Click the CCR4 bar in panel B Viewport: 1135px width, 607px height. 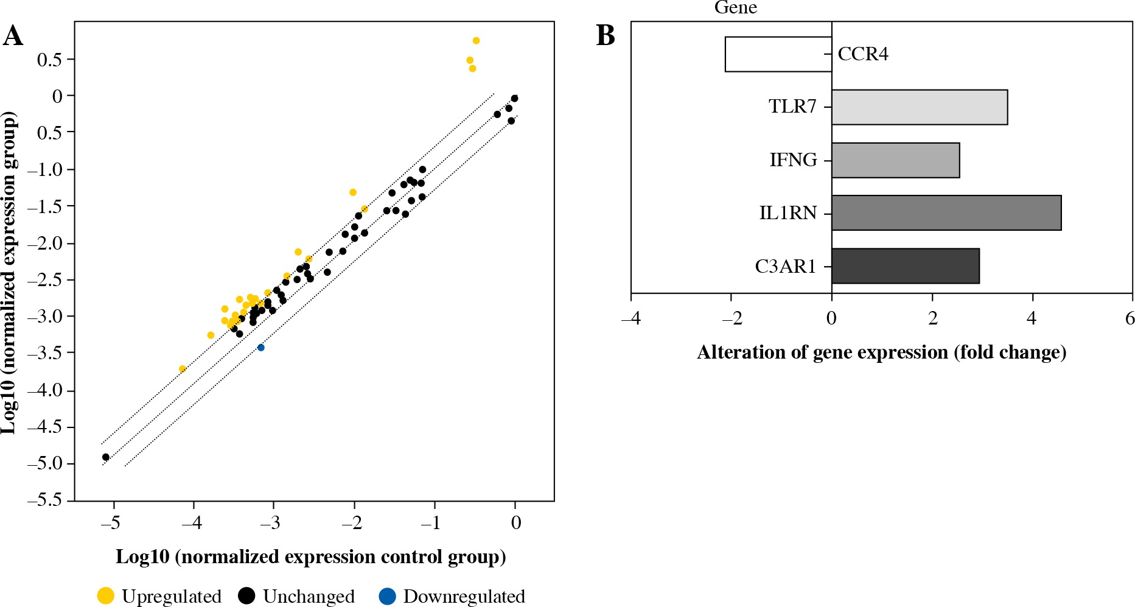click(x=778, y=54)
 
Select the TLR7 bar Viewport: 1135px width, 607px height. click(x=919, y=107)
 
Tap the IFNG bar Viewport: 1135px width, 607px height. click(x=895, y=160)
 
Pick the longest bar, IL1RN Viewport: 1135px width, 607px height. click(x=946, y=213)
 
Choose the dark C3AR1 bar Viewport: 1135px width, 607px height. click(x=905, y=266)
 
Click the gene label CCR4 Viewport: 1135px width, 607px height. click(x=863, y=54)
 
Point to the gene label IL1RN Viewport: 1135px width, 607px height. click(x=788, y=213)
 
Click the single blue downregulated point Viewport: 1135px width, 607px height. click(x=261, y=348)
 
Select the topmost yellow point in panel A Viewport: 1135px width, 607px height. click(x=476, y=41)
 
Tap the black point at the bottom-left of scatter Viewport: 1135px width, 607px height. click(x=106, y=457)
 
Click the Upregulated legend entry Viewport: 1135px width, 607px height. click(x=159, y=596)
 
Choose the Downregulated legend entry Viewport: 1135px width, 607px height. click(x=452, y=596)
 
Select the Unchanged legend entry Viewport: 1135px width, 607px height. click(x=296, y=596)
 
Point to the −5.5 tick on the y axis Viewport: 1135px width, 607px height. click(x=45, y=500)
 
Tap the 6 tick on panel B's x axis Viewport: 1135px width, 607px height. click(x=1130, y=318)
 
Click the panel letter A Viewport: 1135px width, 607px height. click(x=13, y=36)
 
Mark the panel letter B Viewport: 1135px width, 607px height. click(x=605, y=36)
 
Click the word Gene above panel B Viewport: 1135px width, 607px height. click(x=735, y=8)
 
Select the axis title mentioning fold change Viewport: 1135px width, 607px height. click(x=881, y=353)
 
